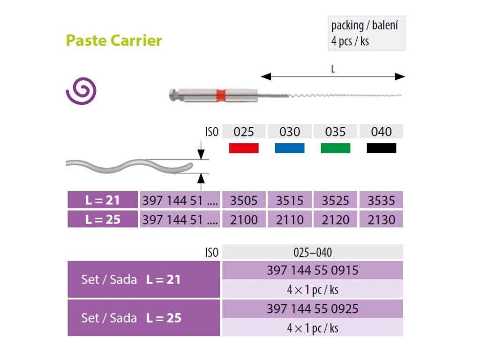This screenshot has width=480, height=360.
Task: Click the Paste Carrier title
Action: (x=114, y=40)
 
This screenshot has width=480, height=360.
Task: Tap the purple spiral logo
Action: (x=81, y=91)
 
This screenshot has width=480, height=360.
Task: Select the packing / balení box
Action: (x=366, y=33)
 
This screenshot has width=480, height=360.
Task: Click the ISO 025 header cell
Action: (x=244, y=132)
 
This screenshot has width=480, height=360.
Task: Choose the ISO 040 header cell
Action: (x=381, y=132)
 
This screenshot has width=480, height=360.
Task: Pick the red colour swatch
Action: (x=244, y=148)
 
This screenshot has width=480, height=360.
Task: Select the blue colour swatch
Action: (x=289, y=148)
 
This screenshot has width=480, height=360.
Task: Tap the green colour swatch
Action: (x=335, y=148)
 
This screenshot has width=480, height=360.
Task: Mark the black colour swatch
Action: (x=381, y=148)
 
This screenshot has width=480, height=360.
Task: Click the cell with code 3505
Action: (x=244, y=200)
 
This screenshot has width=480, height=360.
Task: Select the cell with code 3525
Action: (x=335, y=200)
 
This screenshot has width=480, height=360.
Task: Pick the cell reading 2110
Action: (x=289, y=219)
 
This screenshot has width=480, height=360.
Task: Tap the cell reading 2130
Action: (x=381, y=219)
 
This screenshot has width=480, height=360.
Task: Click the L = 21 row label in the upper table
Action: (x=103, y=200)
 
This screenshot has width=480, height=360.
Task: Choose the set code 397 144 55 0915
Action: (x=312, y=270)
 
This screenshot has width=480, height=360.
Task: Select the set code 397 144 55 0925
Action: (x=312, y=309)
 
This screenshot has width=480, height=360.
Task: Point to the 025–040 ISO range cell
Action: (x=312, y=252)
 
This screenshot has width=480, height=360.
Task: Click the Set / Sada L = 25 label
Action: (x=131, y=318)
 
